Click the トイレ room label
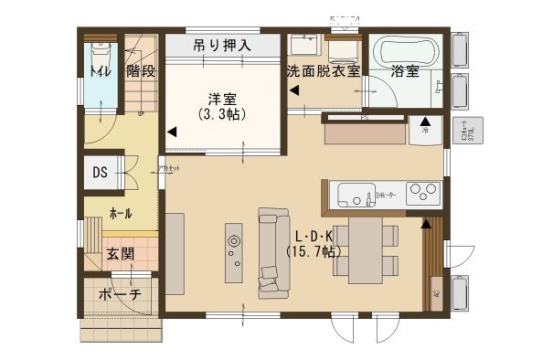pyautogui.click(x=97, y=70)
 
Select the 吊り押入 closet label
pyautogui.click(x=222, y=44)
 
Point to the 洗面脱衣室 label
pyautogui.click(x=323, y=70)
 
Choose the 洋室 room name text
pyautogui.click(x=222, y=98)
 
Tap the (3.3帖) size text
pyautogui.click(x=222, y=115)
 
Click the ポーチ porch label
pyautogui.click(x=121, y=294)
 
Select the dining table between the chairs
pyautogui.click(x=365, y=249)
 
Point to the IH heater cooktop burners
pyautogui.click(x=423, y=193)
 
